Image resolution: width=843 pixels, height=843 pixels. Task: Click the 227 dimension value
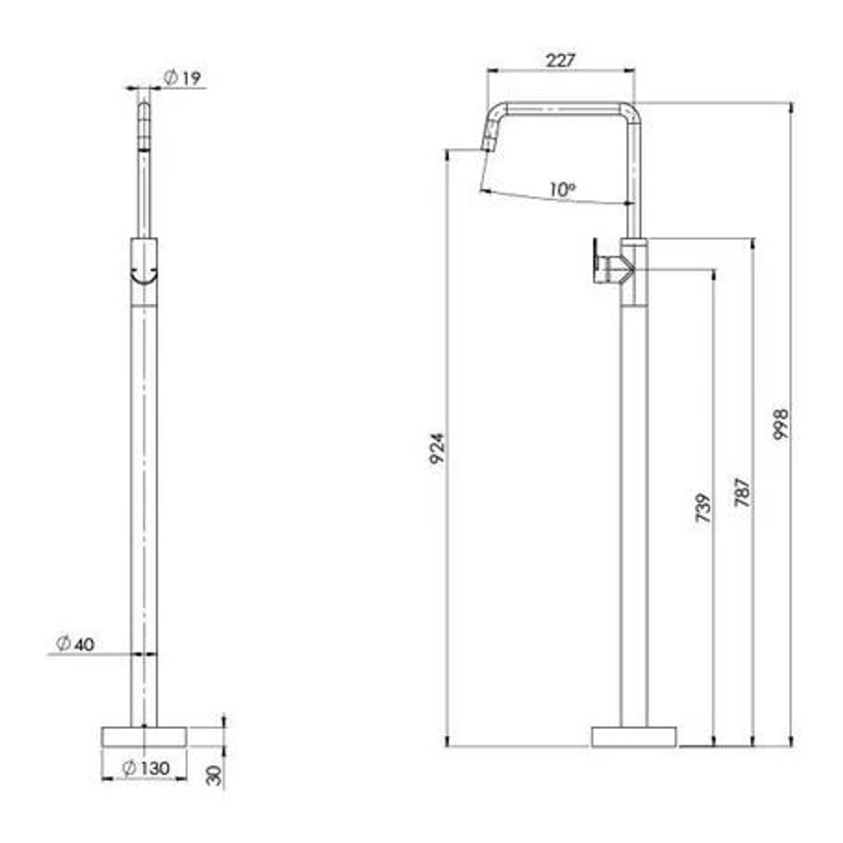point(560,60)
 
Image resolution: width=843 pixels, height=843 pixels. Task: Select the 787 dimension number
point(742,492)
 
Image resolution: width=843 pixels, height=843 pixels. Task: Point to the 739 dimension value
point(703,507)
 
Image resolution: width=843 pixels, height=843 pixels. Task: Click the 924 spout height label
point(437,447)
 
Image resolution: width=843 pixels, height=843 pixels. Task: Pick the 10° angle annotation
point(562,189)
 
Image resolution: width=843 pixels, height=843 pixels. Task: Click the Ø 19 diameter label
point(182,78)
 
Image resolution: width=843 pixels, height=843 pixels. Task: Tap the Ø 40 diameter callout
point(75,643)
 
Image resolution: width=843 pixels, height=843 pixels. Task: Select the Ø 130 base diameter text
point(146,768)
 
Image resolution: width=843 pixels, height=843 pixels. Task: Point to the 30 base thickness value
point(214,775)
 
